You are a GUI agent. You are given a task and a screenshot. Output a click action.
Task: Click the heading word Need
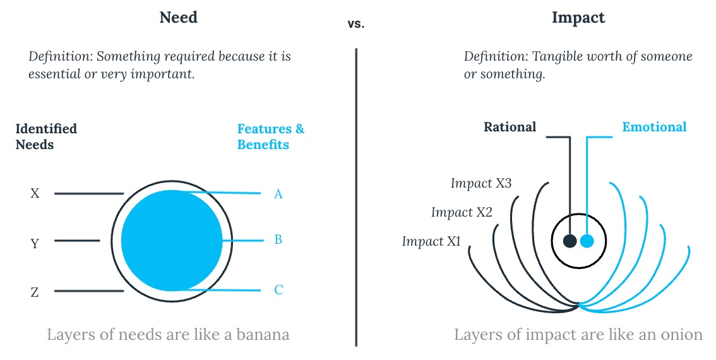click(178, 17)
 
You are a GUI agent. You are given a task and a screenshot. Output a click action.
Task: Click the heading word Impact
click(578, 18)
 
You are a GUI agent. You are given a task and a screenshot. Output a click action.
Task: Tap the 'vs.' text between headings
click(355, 24)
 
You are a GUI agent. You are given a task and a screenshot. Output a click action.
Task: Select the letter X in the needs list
click(35, 194)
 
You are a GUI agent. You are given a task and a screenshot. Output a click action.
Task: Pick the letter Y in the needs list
click(35, 244)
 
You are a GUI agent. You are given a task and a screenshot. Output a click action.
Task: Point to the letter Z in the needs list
click(35, 292)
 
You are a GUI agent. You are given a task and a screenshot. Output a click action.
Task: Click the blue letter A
click(278, 194)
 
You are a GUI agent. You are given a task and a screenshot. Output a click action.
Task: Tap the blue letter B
click(278, 239)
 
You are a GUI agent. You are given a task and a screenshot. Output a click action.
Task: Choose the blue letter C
click(278, 290)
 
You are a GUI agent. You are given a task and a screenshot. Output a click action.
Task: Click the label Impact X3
click(481, 183)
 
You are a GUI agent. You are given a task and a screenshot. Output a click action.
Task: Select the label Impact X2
click(462, 212)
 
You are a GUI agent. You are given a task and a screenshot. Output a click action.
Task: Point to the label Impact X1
click(431, 241)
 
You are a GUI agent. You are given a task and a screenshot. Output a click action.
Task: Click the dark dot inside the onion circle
click(570, 241)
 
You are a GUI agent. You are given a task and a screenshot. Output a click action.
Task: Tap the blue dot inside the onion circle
click(587, 241)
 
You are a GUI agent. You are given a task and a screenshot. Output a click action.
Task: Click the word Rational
click(510, 127)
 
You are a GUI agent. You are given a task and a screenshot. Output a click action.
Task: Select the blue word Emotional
click(654, 127)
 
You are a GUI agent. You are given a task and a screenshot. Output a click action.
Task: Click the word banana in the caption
click(263, 335)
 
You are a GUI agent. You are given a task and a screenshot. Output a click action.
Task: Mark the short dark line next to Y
click(77, 241)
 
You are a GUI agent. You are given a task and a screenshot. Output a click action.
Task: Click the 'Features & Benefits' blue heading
click(271, 136)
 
